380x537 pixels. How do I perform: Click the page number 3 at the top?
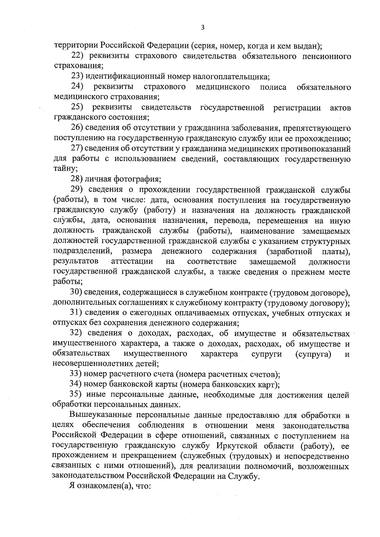[203, 28]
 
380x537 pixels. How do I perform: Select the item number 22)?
[77, 56]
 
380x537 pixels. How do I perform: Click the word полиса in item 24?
[273, 87]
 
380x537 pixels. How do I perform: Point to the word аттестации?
[132, 262]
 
